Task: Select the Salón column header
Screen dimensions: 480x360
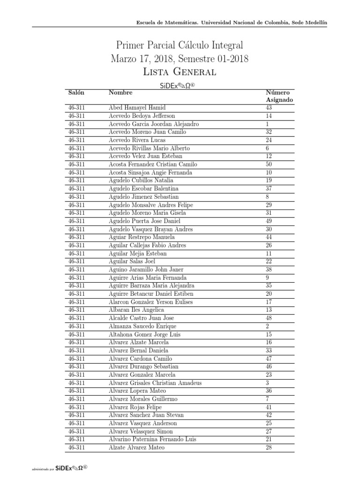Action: coord(76,93)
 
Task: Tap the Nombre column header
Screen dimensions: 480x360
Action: coord(120,93)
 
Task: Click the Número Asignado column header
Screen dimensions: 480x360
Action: coord(279,97)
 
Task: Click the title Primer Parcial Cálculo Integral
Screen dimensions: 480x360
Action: coord(180,45)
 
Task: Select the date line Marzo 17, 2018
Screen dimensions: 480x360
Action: coord(180,59)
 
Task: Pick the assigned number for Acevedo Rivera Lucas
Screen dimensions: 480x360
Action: coord(269,140)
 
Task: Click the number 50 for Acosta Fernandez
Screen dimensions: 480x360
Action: coord(269,165)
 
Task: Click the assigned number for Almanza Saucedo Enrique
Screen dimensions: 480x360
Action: coord(267,326)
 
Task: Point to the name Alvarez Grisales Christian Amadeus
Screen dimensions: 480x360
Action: coord(155,383)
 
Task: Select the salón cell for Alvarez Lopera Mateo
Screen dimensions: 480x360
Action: coord(76,391)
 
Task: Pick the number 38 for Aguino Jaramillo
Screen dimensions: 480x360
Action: coord(269,270)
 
